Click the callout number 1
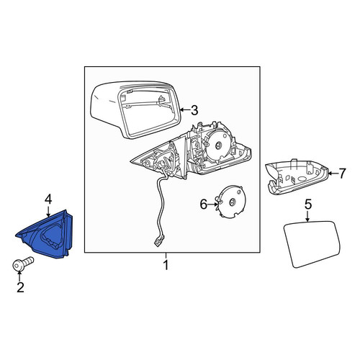click(x=166, y=265)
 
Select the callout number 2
click(x=20, y=287)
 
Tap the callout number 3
click(x=194, y=110)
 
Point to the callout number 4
click(x=48, y=199)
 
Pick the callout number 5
click(x=308, y=204)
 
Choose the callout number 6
click(x=204, y=204)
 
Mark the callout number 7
click(x=342, y=174)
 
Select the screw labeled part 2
click(x=22, y=264)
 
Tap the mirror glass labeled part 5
click(x=312, y=244)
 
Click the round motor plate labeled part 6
click(x=231, y=202)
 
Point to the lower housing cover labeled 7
click(x=297, y=176)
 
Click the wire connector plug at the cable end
click(x=160, y=240)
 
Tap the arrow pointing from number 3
click(x=185, y=110)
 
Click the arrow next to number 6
click(x=213, y=204)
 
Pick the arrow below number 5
click(x=308, y=217)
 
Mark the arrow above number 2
click(x=19, y=276)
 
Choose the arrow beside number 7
click(x=333, y=174)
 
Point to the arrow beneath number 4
click(x=48, y=212)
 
